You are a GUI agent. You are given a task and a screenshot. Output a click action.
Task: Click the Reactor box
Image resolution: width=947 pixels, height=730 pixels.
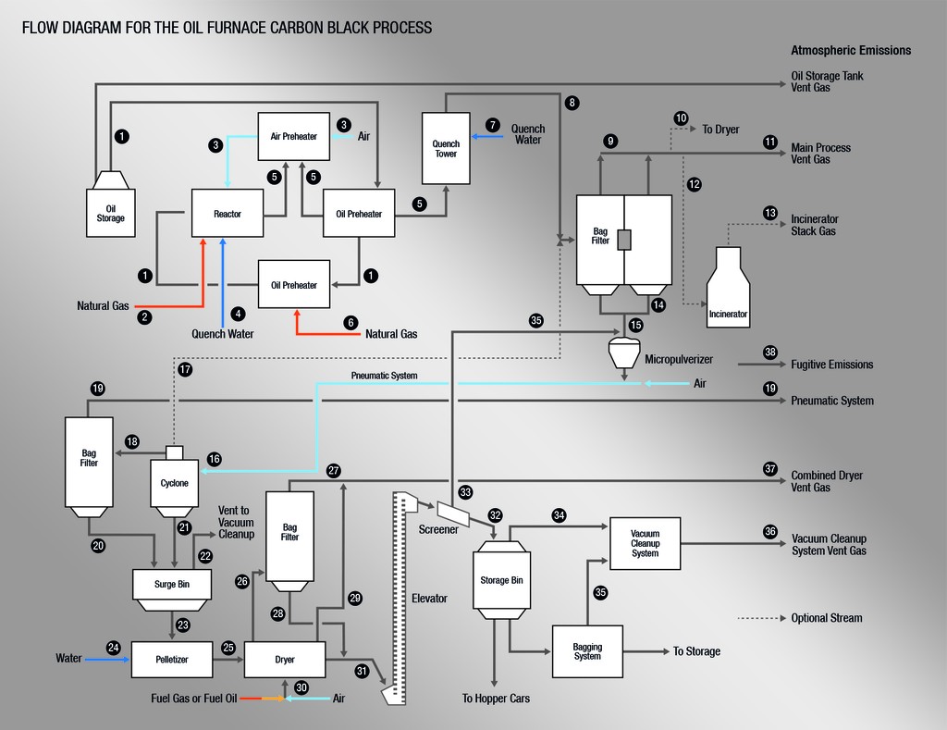click(x=228, y=213)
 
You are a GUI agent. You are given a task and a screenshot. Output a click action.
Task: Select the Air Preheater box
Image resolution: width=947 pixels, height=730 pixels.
click(x=293, y=137)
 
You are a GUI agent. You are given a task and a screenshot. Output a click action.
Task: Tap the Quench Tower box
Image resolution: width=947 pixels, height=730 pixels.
click(x=446, y=148)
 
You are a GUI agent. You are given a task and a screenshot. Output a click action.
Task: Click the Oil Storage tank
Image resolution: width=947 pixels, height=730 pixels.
click(x=111, y=204)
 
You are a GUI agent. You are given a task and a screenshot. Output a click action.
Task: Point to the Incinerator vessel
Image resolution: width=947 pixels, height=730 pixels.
click(x=729, y=288)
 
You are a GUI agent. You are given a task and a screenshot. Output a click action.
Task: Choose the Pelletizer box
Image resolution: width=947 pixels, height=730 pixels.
click(x=172, y=660)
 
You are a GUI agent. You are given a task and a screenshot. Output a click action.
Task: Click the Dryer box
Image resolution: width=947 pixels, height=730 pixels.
click(x=285, y=660)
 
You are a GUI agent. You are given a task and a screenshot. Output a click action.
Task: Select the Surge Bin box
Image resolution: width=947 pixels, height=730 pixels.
click(x=172, y=589)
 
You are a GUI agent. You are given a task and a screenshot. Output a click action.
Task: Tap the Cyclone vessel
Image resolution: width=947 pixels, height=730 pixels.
click(x=174, y=482)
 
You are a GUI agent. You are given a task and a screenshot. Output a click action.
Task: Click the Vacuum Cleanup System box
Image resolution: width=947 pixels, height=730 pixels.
click(x=645, y=543)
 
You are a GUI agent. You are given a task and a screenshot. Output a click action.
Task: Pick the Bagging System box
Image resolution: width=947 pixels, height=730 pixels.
click(x=587, y=651)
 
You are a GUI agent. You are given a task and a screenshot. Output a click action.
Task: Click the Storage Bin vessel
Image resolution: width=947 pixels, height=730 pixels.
click(x=501, y=580)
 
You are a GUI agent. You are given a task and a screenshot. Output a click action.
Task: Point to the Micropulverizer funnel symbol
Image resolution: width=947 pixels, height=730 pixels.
click(x=624, y=353)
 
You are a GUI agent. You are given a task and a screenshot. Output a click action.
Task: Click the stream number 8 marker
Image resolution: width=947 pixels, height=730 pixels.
click(x=572, y=103)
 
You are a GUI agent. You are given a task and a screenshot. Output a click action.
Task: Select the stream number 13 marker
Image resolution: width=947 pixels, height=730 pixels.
click(x=770, y=214)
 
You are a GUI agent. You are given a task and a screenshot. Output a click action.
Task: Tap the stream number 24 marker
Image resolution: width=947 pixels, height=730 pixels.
click(x=114, y=648)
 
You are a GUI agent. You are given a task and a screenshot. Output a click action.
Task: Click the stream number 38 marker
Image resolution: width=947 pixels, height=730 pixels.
click(x=770, y=353)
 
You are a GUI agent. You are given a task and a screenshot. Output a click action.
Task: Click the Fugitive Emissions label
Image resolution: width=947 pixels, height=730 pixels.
click(x=832, y=365)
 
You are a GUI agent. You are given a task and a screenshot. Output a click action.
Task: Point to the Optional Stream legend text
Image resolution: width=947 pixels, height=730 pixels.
click(x=827, y=618)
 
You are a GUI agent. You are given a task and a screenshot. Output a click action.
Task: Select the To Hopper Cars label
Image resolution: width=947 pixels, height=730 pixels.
click(x=496, y=699)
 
